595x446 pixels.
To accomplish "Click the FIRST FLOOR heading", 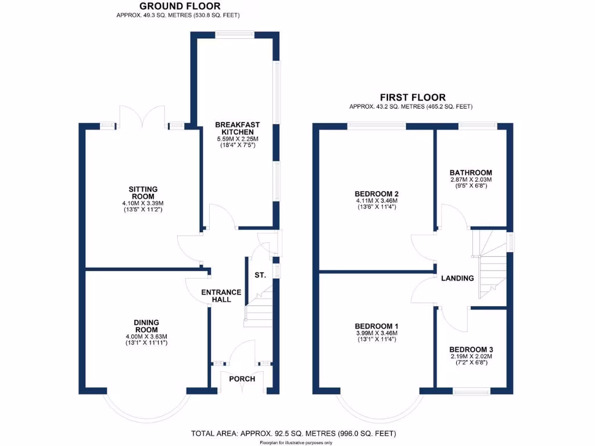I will pos(413,98).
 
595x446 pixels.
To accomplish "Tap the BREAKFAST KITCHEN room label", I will pos(237,128).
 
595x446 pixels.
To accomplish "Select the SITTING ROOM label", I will pos(143,193).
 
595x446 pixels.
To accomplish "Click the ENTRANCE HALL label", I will pos(221,296).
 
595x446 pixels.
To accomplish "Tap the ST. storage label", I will pos(260,275).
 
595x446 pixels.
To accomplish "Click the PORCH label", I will pos(242,379).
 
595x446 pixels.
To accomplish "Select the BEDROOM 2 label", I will pos(377,194).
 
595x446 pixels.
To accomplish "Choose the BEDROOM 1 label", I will pos(377,326).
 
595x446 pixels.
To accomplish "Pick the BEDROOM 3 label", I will pos(471,349).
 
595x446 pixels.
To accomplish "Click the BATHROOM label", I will pos(471,172).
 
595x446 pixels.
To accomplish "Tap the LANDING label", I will pos(457,278).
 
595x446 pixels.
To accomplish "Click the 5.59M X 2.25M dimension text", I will pos(236,139).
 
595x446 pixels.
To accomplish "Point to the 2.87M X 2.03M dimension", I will pos(471,180).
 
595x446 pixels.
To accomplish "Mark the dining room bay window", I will pos(146,407).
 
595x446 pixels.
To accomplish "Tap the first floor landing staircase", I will pos(492,264).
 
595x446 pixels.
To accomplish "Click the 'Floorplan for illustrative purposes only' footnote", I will pos(296,443).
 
